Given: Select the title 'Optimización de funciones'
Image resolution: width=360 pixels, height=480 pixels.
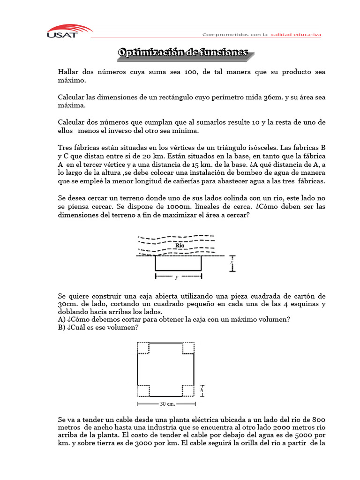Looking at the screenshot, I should pyautogui.click(x=183, y=53).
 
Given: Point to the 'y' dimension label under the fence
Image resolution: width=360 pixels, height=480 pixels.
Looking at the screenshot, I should pyautogui.click(x=176, y=277).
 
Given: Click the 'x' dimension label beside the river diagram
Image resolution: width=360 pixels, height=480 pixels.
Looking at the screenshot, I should pyautogui.click(x=231, y=263).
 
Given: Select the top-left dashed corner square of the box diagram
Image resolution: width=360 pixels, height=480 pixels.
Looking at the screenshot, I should pyautogui.click(x=142, y=348).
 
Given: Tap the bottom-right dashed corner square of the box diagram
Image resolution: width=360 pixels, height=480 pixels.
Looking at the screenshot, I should pyautogui.click(x=188, y=390).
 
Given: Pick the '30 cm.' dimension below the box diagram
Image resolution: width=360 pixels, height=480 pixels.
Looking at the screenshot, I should pyautogui.click(x=166, y=404).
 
